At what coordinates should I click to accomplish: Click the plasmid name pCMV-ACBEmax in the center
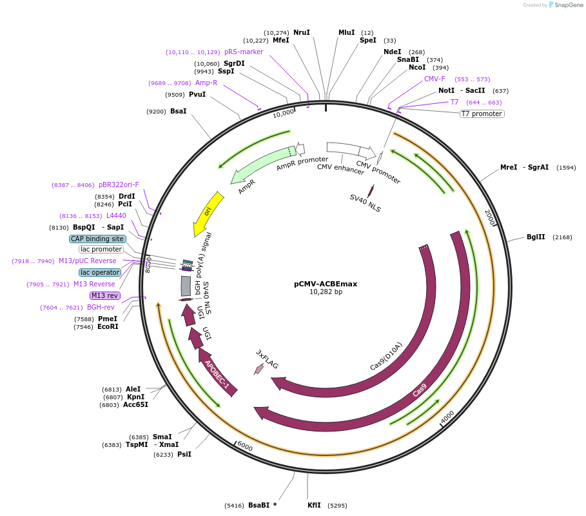click(326, 284)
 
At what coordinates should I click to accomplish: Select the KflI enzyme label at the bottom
click(314, 505)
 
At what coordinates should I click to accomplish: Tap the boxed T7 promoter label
click(482, 114)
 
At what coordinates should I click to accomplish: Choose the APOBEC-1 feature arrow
click(217, 373)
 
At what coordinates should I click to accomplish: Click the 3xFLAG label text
click(268, 359)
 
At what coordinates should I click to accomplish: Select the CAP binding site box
click(97, 239)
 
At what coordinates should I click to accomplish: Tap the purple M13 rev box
click(104, 295)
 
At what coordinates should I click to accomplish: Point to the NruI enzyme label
click(302, 32)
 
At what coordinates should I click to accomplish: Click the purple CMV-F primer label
click(435, 79)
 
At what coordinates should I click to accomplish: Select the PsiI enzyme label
click(184, 454)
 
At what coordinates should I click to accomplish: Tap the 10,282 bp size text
click(326, 292)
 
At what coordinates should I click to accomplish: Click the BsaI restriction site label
click(179, 111)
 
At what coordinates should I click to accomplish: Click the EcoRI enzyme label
click(108, 326)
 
